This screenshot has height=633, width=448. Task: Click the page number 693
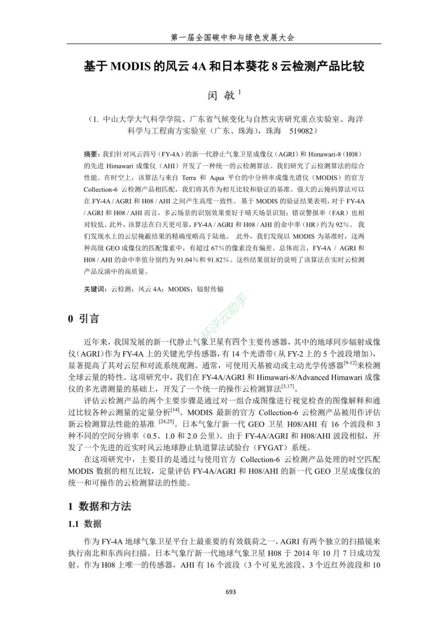click(x=231, y=592)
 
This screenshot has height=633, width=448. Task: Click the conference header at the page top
click(x=233, y=38)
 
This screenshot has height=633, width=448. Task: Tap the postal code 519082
click(x=302, y=131)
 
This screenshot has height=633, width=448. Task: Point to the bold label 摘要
click(x=90, y=154)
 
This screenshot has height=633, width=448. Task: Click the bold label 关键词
click(x=95, y=289)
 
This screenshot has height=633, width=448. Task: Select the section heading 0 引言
click(x=83, y=319)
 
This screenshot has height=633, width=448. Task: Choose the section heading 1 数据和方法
click(x=99, y=507)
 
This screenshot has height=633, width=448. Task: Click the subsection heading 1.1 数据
click(x=85, y=524)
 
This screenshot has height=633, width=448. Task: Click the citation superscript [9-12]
click(x=350, y=363)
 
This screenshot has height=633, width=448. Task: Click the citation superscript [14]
click(x=175, y=409)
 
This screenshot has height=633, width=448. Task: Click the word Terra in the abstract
click(x=189, y=178)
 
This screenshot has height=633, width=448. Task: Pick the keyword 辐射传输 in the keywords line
click(x=210, y=289)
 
